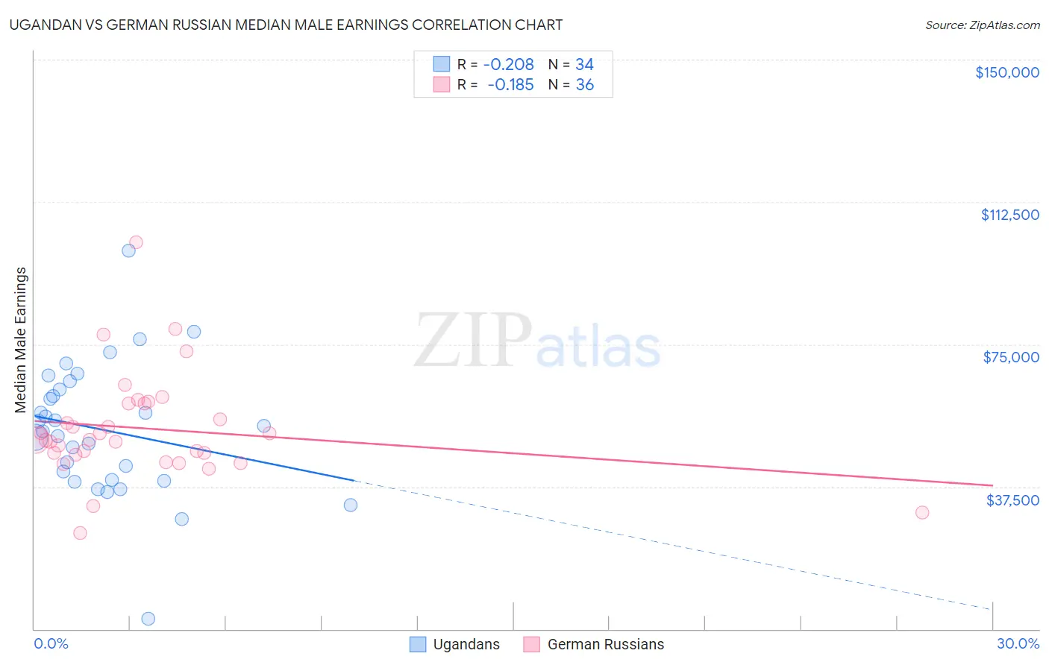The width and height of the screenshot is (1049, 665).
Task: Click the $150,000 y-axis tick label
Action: click(x=1006, y=72)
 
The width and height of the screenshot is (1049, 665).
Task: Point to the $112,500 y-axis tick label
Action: click(x=1009, y=215)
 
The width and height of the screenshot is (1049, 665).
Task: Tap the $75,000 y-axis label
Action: click(x=1011, y=357)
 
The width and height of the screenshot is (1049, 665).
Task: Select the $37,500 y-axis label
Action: click(x=1012, y=500)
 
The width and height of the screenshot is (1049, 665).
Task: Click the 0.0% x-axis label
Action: click(x=51, y=644)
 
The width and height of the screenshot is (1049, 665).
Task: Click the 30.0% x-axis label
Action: click(x=1018, y=644)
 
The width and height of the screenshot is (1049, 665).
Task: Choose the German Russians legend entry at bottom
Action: click(x=595, y=644)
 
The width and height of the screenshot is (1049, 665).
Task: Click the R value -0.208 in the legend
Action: click(x=508, y=65)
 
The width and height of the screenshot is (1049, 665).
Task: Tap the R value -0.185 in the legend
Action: click(x=510, y=85)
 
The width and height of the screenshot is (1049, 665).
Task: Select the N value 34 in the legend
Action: click(x=584, y=65)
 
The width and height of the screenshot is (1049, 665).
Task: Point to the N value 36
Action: click(x=585, y=85)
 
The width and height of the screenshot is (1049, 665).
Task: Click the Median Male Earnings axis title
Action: click(x=21, y=340)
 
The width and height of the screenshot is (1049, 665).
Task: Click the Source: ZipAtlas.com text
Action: click(x=982, y=25)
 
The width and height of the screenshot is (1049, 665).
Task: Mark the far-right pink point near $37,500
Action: click(x=922, y=512)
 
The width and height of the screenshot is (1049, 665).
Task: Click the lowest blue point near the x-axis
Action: click(x=148, y=619)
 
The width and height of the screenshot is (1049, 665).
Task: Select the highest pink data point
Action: click(x=136, y=242)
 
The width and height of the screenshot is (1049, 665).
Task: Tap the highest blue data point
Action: click(x=128, y=250)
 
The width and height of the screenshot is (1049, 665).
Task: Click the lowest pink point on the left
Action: click(x=80, y=533)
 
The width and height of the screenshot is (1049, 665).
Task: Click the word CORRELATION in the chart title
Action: click(x=463, y=25)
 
